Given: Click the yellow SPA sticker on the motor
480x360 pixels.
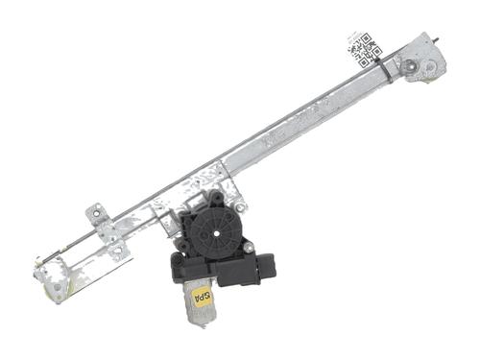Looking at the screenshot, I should tap(203, 293).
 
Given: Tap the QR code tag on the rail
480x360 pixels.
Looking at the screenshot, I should tap(365, 49).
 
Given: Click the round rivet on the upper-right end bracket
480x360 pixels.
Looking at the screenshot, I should tap(411, 67).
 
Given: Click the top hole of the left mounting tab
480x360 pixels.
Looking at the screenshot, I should tap(95, 212).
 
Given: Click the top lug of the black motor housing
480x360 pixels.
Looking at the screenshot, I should tap(214, 199).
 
